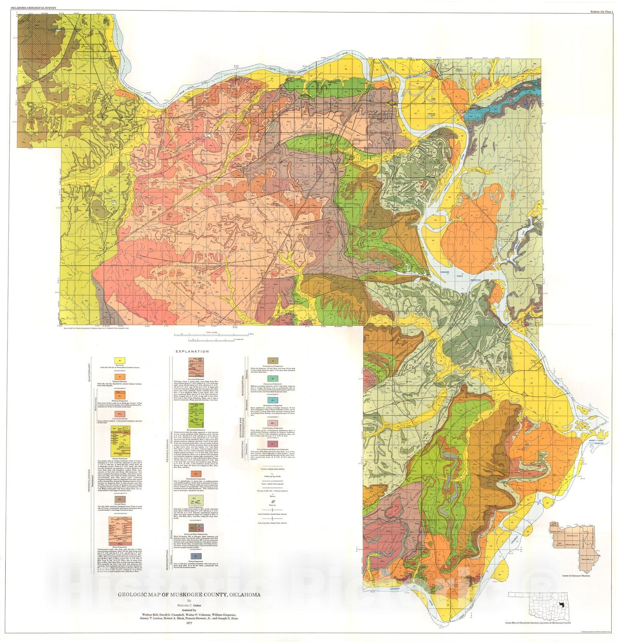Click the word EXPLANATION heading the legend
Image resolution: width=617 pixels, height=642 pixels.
[192, 351]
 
